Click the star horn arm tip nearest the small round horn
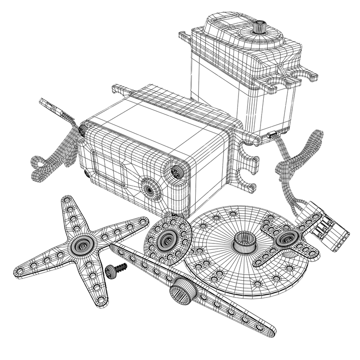[x=141, y=220]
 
